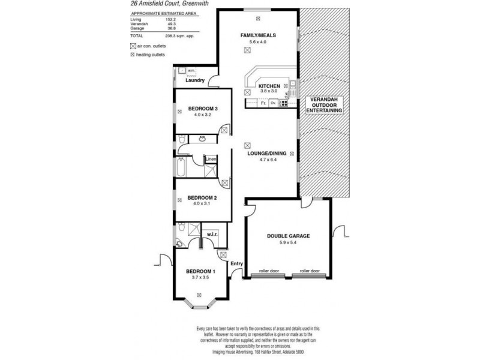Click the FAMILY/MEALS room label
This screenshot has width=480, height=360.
tap(258, 36)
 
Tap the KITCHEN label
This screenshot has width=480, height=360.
tap(268, 87)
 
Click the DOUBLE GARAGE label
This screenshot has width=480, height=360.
tap(289, 236)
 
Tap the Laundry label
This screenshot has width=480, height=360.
tap(196, 80)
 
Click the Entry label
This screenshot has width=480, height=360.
tap(236, 263)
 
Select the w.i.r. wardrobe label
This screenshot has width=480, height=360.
tap(211, 234)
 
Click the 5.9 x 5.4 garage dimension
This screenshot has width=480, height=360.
tap(289, 243)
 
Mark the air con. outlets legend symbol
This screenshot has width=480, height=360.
tap(133, 46)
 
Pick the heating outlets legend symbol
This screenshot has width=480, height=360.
tap(133, 55)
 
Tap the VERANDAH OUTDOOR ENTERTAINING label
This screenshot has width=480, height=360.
tap(324, 105)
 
